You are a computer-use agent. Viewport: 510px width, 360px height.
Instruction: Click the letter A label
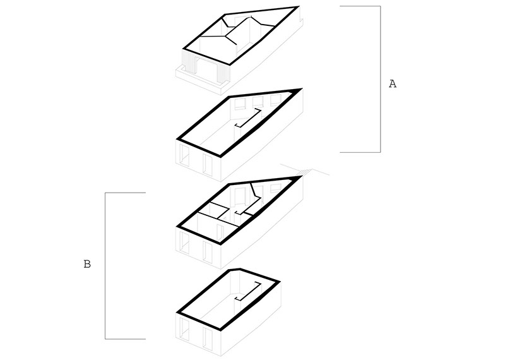[393, 83]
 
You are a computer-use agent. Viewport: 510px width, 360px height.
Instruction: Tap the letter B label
[87, 264]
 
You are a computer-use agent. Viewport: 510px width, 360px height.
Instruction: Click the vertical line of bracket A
[380, 79]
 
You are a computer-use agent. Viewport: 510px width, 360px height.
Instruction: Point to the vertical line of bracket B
[105, 266]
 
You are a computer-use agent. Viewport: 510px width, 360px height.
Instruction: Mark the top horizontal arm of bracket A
[360, 6]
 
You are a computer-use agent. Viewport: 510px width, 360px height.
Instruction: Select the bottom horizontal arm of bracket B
[125, 339]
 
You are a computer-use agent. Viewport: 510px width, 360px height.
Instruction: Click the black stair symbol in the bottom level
[248, 291]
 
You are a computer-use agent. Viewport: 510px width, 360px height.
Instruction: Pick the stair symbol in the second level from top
[248, 118]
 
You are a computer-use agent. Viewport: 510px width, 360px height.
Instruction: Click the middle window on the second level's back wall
[258, 101]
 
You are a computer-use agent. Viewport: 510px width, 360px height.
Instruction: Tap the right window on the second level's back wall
[275, 99]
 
